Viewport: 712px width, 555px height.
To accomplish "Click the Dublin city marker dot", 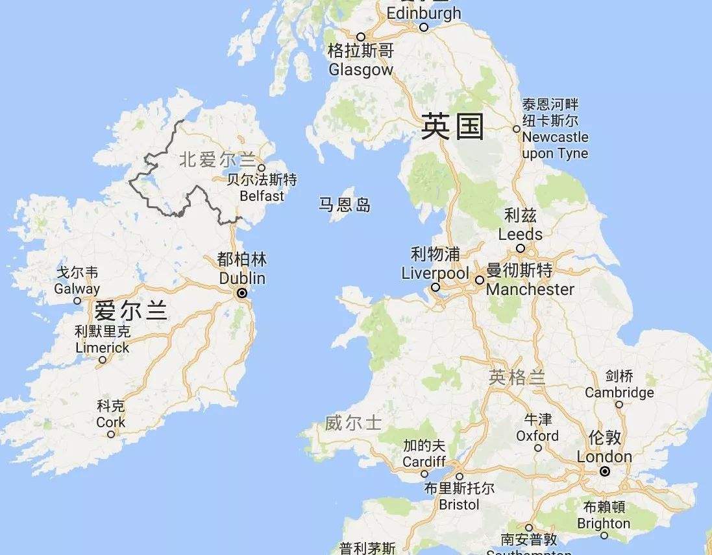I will pos(242,293).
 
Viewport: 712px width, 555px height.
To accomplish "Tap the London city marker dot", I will pos(605,471).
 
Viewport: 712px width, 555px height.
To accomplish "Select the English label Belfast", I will pos(262,196).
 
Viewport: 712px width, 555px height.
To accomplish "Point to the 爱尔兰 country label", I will pos(130,311).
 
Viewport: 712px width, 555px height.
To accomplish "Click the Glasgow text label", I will pos(361,69).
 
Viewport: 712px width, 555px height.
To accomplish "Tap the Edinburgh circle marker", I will pos(424,27).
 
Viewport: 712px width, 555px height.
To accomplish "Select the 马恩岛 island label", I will pos(345,206).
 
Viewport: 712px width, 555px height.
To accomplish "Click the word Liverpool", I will pos(435,273).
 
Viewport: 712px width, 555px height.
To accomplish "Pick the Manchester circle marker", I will pos(479,280).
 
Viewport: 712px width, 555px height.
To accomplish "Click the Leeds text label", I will pos(520,233).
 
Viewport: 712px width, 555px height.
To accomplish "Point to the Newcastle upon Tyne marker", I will pos(517,129).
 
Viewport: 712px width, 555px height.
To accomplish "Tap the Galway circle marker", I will pos(77,301).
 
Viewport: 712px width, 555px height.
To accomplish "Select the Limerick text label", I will pos(103,348).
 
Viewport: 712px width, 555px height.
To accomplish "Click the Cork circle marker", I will pos(111,434).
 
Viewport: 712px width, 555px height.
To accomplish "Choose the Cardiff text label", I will pos(424,462).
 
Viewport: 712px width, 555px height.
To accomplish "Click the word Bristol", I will pos(459,504).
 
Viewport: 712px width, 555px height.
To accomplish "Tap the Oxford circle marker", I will pos(537,448).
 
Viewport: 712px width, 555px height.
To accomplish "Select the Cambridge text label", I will pos(619,392).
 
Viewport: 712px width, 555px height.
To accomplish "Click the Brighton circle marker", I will pos(604,536).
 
